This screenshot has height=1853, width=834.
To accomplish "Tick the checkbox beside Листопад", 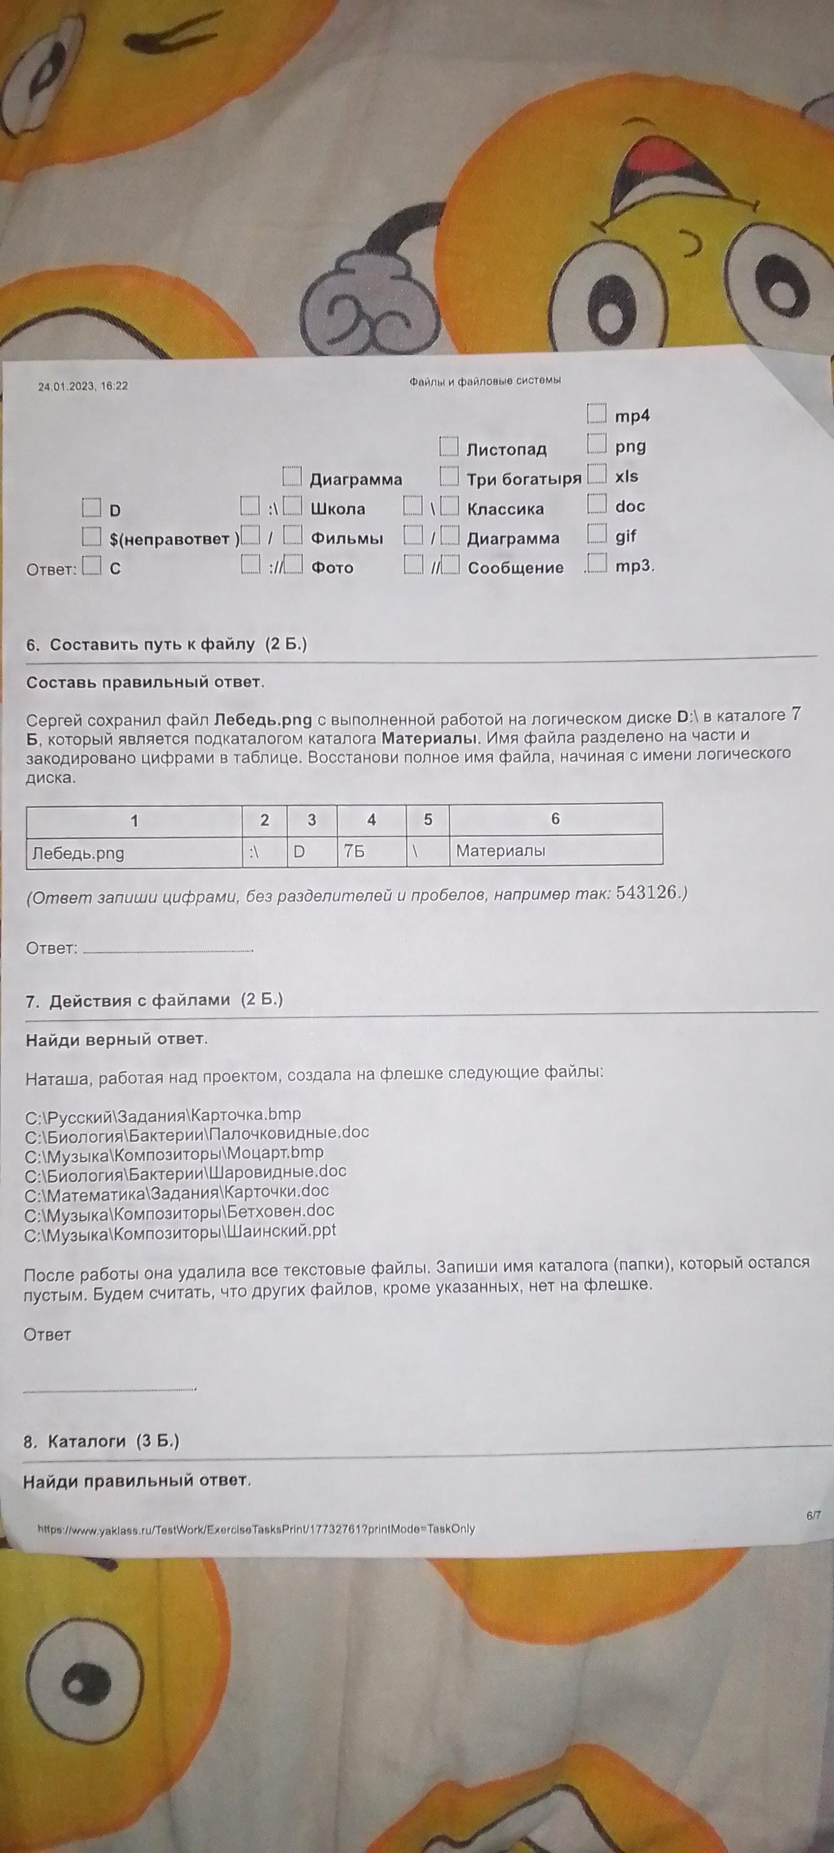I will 449,446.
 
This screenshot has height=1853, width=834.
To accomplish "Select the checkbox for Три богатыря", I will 449,476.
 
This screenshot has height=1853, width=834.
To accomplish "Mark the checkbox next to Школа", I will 292,507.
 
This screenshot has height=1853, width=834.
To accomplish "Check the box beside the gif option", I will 597,534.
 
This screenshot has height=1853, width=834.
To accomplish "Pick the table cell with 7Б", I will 371,851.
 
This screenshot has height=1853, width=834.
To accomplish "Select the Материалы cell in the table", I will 555,850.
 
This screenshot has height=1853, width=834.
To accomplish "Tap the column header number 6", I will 555,819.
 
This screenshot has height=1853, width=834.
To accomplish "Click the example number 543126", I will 647,893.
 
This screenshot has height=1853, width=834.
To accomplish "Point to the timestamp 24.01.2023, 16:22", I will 83,386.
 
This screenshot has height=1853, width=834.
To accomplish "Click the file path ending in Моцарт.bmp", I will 174,1152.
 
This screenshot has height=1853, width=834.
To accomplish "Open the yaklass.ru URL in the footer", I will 255,1529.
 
